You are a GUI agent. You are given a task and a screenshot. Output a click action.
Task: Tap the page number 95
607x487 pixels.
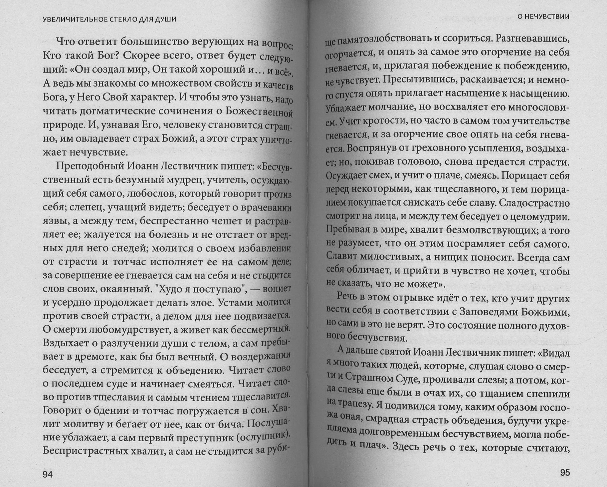[562, 473]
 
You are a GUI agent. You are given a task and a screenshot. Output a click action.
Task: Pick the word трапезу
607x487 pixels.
[361, 407]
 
